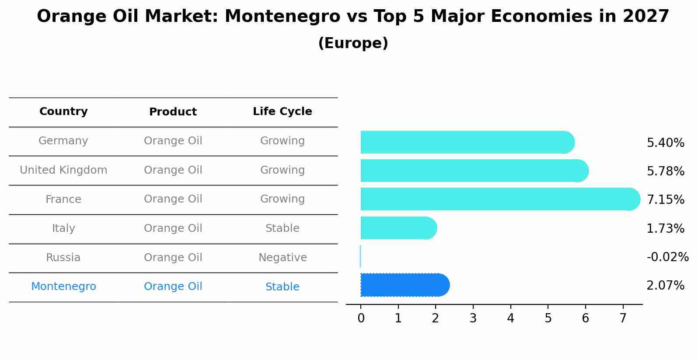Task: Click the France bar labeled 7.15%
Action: click(499, 199)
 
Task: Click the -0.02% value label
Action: click(667, 257)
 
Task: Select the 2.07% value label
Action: click(665, 286)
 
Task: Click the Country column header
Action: click(63, 112)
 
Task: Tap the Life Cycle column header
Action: click(282, 112)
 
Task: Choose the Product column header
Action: click(173, 112)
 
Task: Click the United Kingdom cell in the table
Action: click(63, 170)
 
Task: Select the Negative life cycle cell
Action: click(283, 258)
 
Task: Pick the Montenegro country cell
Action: click(63, 287)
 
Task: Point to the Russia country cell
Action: click(63, 258)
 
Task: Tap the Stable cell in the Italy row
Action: click(283, 228)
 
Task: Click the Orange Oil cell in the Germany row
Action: click(173, 141)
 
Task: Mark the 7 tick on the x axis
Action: click(623, 318)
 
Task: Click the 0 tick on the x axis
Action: click(361, 318)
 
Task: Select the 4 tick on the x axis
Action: click(510, 318)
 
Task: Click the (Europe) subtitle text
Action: click(353, 43)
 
